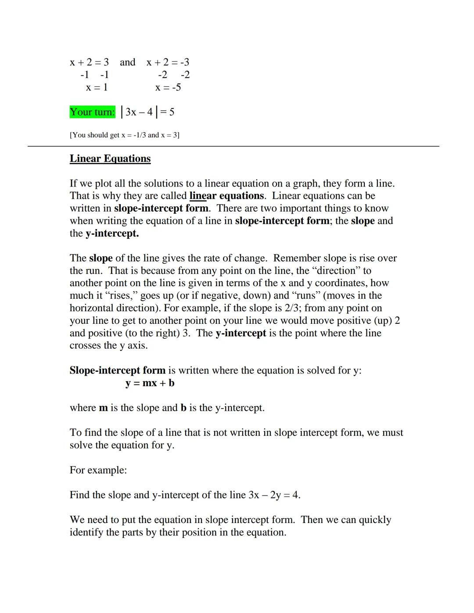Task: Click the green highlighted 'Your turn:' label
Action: point(92,112)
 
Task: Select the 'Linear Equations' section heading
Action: point(110,158)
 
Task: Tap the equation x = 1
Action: point(97,87)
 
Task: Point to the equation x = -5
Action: point(168,87)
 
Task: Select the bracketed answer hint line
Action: point(124,135)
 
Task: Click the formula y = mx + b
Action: point(150,383)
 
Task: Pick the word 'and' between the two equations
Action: point(127,62)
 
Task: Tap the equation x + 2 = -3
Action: point(168,62)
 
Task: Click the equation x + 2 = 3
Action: point(89,62)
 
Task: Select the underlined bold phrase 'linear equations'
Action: point(226,196)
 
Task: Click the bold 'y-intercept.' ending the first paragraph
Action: point(112,233)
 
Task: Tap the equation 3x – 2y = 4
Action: point(274,495)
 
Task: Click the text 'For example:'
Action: point(98,470)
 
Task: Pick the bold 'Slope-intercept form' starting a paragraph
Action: point(117,370)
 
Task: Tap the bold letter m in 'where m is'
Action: point(103,408)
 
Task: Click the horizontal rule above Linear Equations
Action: point(233,146)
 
